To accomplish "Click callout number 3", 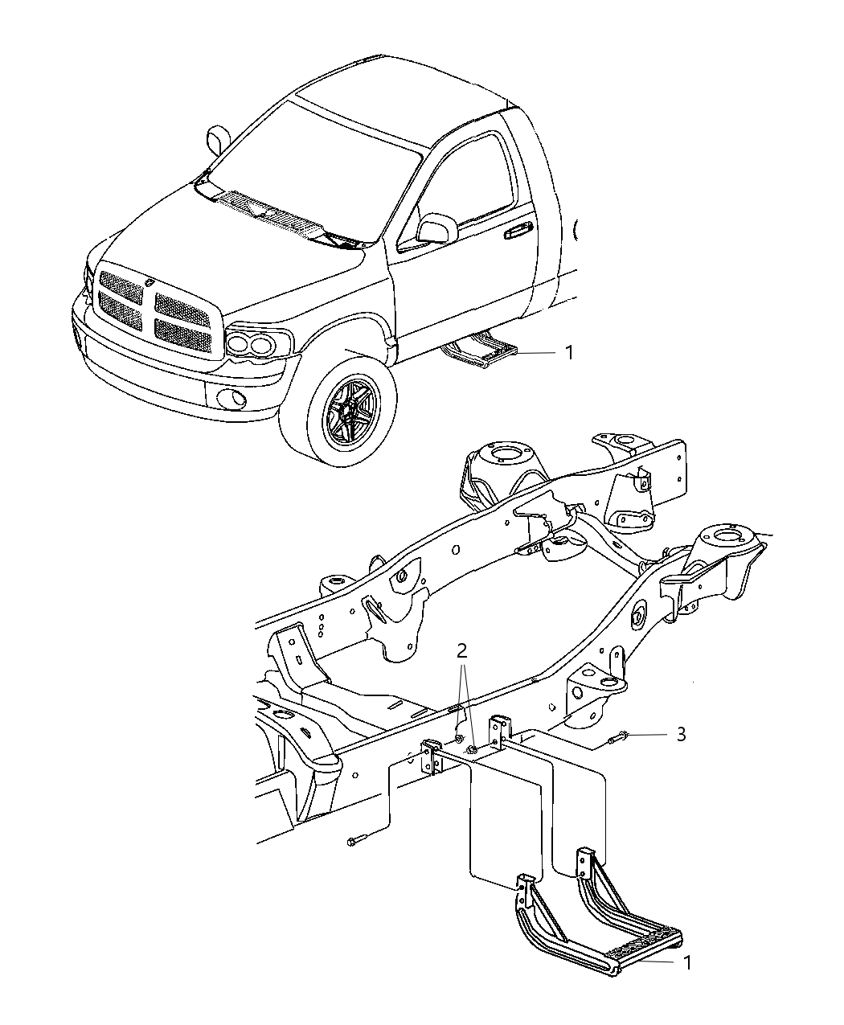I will (680, 734).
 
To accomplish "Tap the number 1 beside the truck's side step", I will (568, 352).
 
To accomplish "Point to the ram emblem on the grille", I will (152, 282).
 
